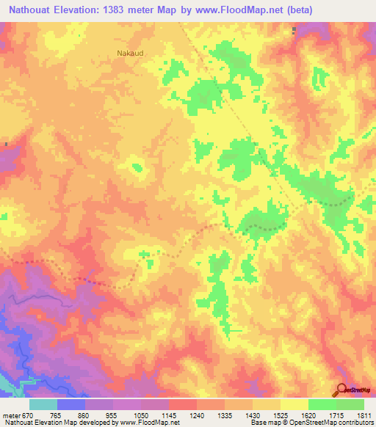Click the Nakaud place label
[130, 54]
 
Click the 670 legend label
[28, 414]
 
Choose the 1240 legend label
[197, 414]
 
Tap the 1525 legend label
[281, 414]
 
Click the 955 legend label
[113, 414]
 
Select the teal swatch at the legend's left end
[43, 404]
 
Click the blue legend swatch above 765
[71, 404]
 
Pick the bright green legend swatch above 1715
[322, 404]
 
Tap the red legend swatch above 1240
[183, 404]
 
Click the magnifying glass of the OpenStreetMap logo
[341, 389]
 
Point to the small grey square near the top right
[294, 30]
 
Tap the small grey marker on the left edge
[5, 144]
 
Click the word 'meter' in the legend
[10, 414]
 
